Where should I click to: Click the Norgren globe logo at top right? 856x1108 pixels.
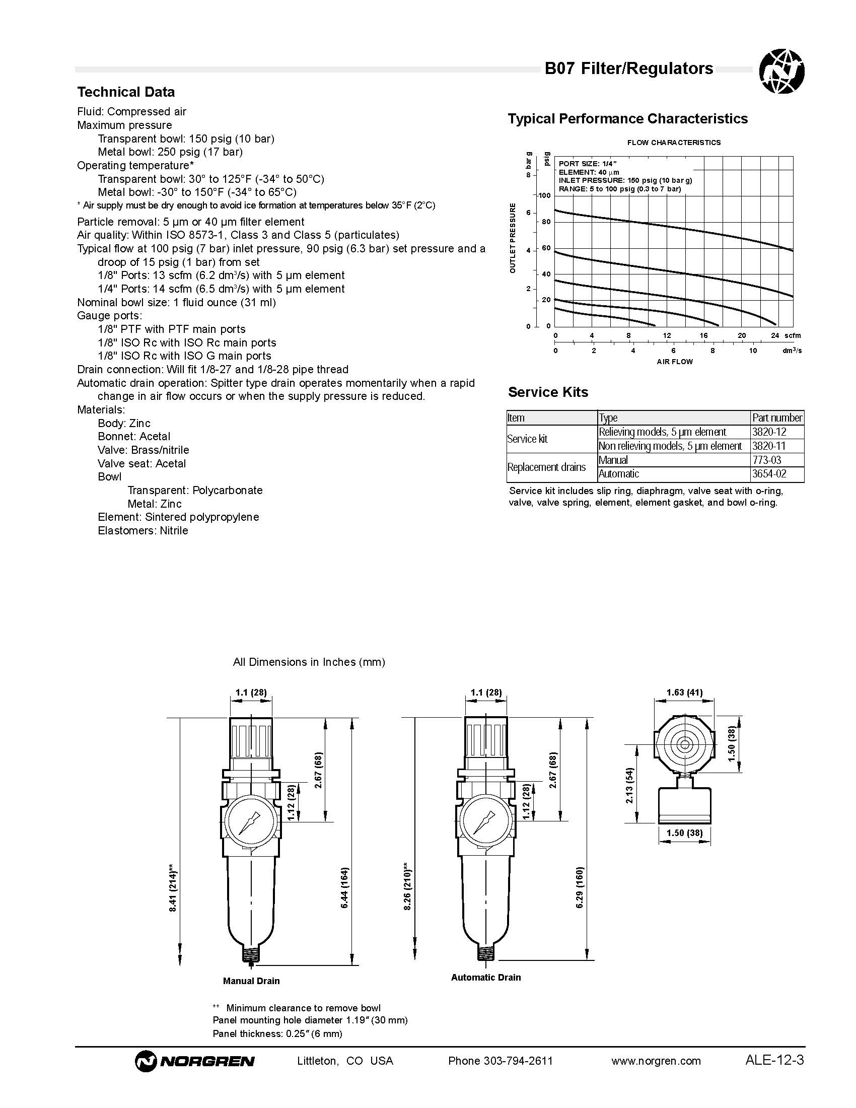coord(781,71)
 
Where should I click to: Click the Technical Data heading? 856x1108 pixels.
coord(126,92)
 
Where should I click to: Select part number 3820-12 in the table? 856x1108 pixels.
coord(769,432)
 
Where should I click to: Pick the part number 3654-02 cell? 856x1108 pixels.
coord(769,474)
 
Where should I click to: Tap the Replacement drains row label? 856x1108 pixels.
coord(546,467)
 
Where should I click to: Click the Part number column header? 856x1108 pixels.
coord(777,418)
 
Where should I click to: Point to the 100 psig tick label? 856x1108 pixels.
coord(544,195)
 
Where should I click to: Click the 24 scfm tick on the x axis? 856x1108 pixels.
coord(774,335)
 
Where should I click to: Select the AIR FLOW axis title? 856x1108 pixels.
coord(674,362)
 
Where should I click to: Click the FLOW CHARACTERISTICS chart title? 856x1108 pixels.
coord(673,143)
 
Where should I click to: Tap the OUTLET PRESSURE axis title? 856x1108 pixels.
coord(513,238)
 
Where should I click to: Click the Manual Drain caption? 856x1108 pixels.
coord(251,981)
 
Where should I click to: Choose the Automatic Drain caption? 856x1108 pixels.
coord(486,978)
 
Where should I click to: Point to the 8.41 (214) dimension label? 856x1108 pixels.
coord(173,891)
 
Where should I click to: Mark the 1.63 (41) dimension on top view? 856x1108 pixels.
coord(684,692)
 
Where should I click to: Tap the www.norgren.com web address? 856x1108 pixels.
coord(656,1060)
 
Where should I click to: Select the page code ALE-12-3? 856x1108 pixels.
coord(774,1060)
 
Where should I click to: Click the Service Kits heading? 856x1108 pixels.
coord(548,392)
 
